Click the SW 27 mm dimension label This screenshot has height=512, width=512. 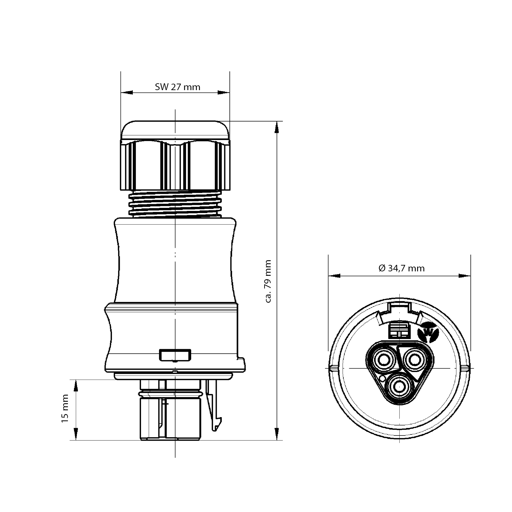tap(177, 87)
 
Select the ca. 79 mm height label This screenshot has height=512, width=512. tap(268, 281)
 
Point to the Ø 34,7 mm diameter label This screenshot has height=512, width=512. tap(402, 268)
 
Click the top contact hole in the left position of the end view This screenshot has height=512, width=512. tap(384, 359)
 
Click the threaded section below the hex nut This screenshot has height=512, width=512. tap(175, 203)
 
